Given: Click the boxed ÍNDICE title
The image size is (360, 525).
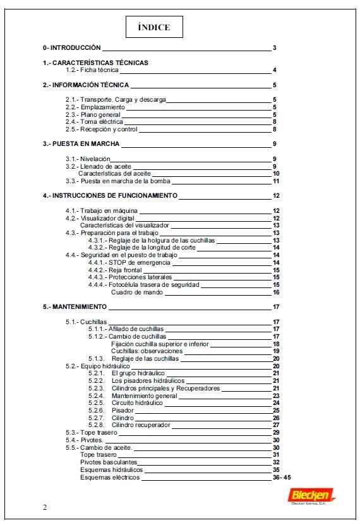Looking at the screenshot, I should coord(154,27).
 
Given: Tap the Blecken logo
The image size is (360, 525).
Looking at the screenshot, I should coord(313,496).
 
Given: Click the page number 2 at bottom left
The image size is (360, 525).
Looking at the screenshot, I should coord(44,507).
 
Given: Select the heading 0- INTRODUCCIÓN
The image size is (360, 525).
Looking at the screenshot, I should coord(71,48).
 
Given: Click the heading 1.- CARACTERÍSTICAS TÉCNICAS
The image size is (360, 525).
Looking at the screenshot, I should coord(95,63).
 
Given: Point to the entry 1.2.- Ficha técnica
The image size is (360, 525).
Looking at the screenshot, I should coord(92,70).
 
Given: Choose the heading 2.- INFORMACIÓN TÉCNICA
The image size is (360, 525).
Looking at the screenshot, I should coord(86,85).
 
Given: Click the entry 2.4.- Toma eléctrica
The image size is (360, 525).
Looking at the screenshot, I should coord(93,122).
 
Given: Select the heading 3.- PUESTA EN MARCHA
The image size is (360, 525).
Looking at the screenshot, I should coord(81,144).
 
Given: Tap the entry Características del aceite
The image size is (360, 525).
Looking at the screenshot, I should coord(114,173).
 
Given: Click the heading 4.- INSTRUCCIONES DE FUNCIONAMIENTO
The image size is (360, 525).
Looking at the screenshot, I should coord(110,196).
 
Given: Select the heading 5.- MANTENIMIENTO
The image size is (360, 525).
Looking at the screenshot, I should coord(75,307).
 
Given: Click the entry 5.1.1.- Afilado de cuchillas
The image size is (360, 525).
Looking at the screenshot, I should coord(126,329).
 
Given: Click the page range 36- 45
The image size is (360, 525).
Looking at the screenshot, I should coord(282,477).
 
